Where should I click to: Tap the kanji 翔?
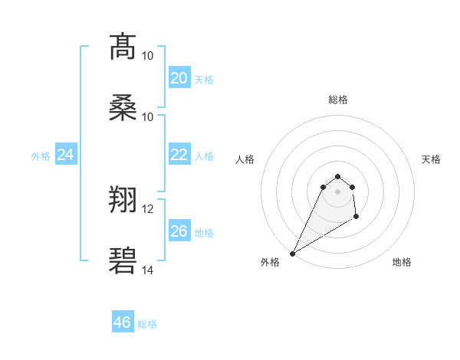point(123,201)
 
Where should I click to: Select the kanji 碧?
point(123,261)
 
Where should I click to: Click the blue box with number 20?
point(179,78)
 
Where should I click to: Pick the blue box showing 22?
point(179,155)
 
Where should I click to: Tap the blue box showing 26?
point(179,231)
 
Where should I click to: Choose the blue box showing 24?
point(65,155)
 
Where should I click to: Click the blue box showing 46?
point(123,322)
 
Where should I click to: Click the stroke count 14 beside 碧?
point(147,270)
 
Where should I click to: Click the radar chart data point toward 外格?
point(292,253)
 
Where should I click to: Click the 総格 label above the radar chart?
point(337,100)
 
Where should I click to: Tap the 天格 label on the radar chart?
point(431,159)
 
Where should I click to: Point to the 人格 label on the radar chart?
point(245,159)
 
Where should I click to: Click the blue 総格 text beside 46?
point(147,324)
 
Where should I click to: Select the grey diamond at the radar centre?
point(337,191)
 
